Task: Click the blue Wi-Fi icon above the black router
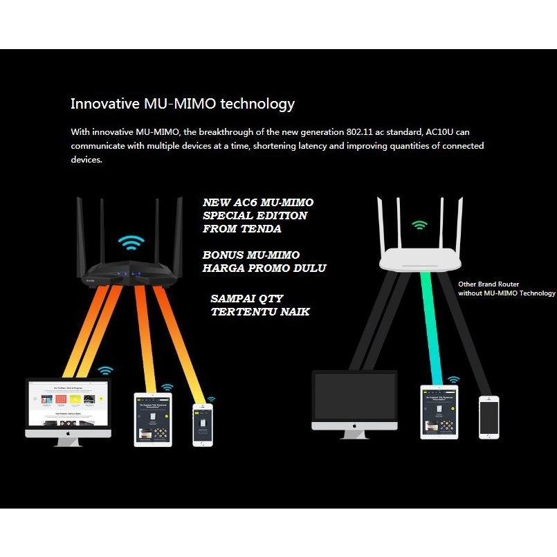tap(130, 243)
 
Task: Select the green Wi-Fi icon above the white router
tap(419, 225)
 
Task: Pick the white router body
tap(420, 259)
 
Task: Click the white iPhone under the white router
tap(489, 417)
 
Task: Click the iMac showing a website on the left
tap(68, 405)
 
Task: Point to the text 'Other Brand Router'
tap(488, 284)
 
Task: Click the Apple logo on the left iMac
tap(68, 432)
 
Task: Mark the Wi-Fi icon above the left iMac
tap(105, 371)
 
